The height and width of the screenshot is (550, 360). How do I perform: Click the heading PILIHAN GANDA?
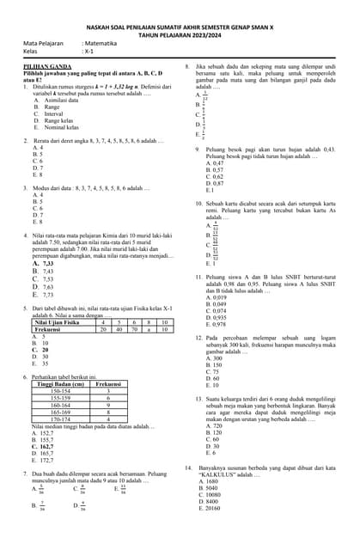43,65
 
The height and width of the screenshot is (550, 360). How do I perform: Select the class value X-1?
88,51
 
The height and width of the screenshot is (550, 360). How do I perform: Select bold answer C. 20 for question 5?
40,350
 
